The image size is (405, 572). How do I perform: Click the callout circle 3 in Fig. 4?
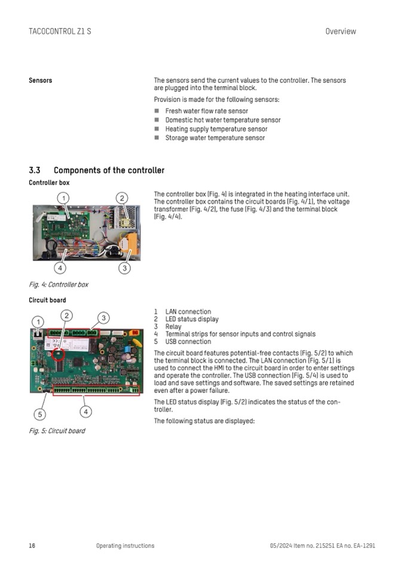(x=124, y=268)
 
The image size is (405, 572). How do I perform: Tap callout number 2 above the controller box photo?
(x=121, y=198)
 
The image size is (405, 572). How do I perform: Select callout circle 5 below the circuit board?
(x=39, y=414)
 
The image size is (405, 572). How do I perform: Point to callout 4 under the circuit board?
(x=86, y=411)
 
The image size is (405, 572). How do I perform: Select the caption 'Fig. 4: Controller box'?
(x=59, y=285)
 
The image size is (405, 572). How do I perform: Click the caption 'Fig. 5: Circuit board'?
(x=57, y=431)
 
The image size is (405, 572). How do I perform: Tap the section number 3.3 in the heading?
(x=35, y=171)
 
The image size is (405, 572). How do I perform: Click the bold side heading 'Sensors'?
(x=41, y=81)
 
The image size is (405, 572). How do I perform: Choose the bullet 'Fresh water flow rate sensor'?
(x=206, y=111)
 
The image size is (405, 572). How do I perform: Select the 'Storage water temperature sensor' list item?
(x=214, y=138)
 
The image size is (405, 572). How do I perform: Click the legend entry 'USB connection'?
(x=188, y=342)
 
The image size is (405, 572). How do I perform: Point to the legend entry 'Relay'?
(x=173, y=327)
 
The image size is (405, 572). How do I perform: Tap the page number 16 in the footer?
(x=32, y=545)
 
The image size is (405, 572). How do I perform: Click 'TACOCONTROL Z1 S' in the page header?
(x=60, y=31)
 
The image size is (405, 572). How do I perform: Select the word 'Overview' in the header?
(x=340, y=31)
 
